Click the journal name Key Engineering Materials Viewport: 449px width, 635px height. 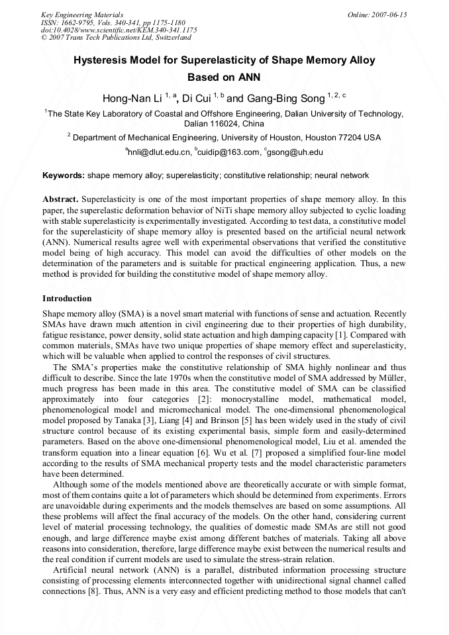pos(82,15)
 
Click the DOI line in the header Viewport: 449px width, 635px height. pos(119,30)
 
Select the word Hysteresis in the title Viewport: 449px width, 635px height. pos(102,60)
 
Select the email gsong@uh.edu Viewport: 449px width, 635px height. pos(295,152)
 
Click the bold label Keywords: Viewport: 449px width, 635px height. pos(64,176)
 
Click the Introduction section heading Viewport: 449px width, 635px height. pos(67,299)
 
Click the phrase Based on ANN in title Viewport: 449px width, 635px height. pos(224,77)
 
